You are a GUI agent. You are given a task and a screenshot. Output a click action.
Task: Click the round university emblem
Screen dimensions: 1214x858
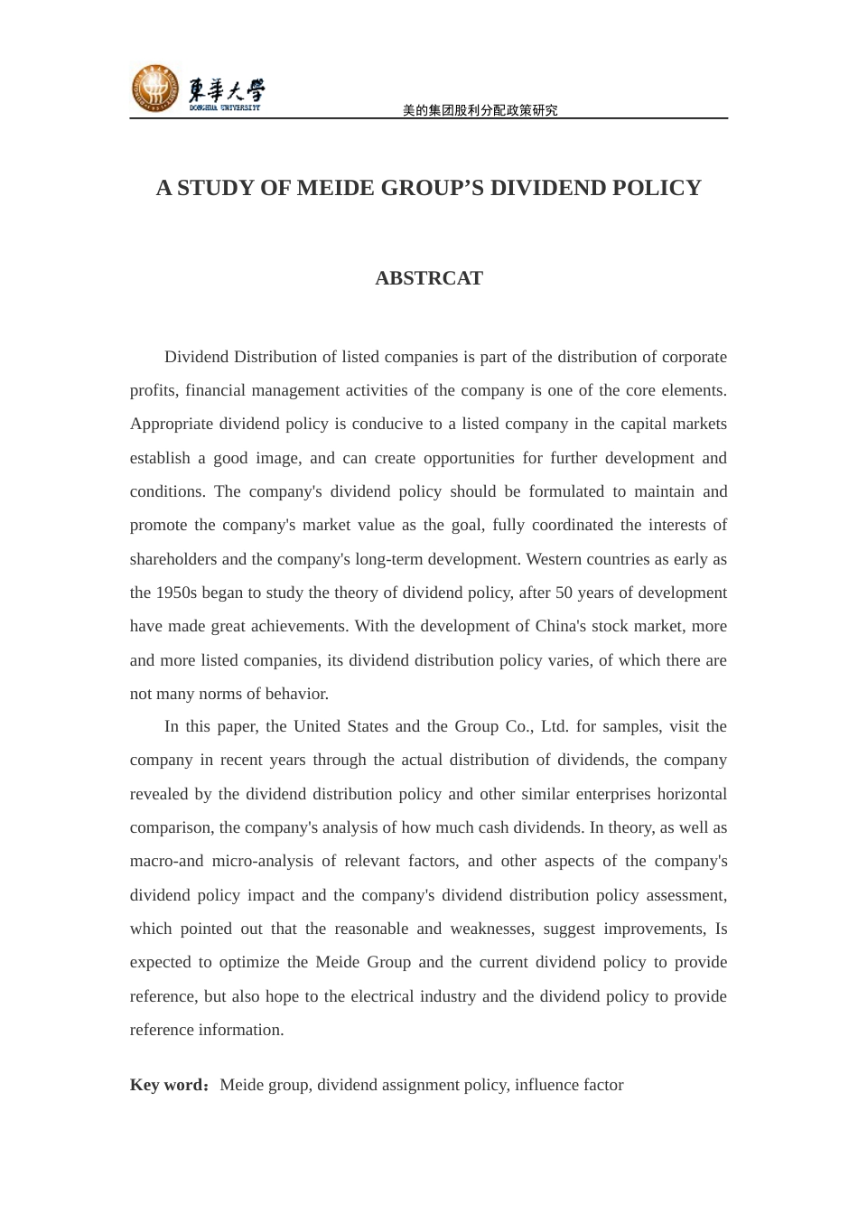(x=154, y=89)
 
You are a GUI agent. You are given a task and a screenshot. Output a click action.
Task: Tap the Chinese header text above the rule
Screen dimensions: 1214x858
(x=480, y=110)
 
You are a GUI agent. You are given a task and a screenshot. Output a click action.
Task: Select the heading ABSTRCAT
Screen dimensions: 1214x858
(x=429, y=278)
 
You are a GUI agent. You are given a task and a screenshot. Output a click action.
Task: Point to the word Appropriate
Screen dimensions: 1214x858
(x=172, y=424)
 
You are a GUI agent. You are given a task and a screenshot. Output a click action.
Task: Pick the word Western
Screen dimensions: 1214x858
(x=554, y=559)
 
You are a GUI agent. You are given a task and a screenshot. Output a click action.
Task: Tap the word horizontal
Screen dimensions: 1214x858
(x=692, y=794)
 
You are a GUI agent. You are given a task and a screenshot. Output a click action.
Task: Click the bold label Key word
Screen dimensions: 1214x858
(x=167, y=1085)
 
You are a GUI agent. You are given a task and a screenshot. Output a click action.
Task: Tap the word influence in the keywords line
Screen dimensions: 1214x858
(x=550, y=1085)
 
